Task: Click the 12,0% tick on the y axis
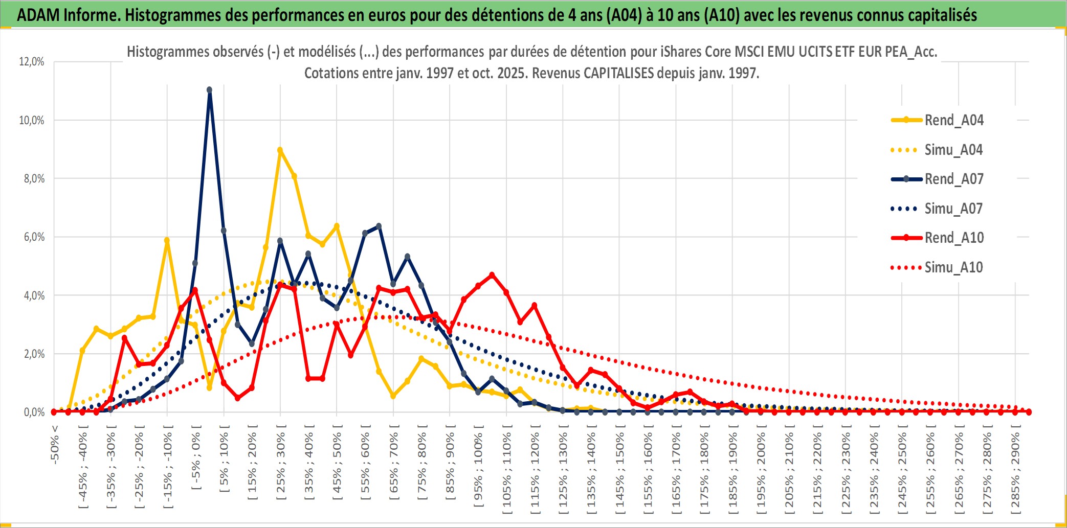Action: tap(32, 62)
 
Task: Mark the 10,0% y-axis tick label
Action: tap(32, 120)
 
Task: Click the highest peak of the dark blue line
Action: tap(209, 90)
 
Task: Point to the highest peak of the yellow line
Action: tap(280, 150)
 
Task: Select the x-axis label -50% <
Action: tap(55, 444)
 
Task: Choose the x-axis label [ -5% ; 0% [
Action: tap(196, 458)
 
